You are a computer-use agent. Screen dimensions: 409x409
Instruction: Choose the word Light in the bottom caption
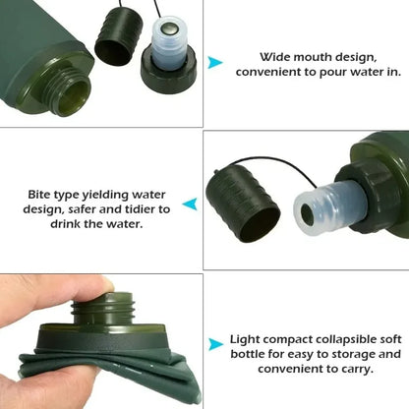click(x=246, y=338)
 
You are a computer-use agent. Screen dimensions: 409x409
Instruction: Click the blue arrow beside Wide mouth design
click(x=214, y=64)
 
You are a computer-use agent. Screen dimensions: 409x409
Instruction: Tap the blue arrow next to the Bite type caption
click(x=191, y=204)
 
